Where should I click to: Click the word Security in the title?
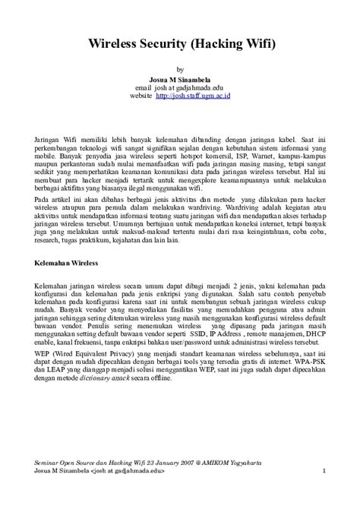point(166,46)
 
